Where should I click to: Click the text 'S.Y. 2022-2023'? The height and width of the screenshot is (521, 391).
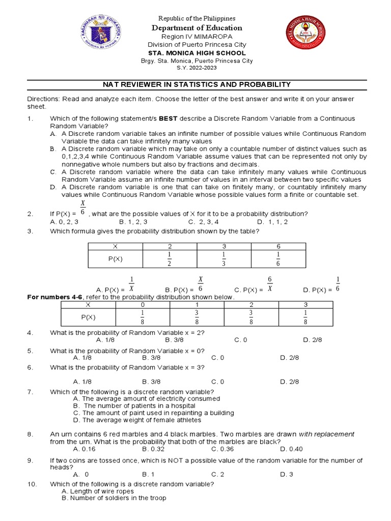tap(196, 68)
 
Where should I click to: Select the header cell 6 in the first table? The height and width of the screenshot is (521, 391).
tap(278, 246)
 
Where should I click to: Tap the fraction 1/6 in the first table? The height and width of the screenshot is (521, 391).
tap(278, 258)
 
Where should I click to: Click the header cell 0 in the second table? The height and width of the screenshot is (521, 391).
tap(143, 304)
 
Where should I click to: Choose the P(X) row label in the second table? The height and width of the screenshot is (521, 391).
tap(88, 317)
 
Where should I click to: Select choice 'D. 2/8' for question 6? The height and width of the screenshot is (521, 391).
tap(290, 382)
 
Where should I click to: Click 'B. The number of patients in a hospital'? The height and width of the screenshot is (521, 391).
tap(134, 406)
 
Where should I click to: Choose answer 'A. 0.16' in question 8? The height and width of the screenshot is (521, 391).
tap(84, 449)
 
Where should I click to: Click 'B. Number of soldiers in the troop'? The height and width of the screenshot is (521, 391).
tap(114, 499)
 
